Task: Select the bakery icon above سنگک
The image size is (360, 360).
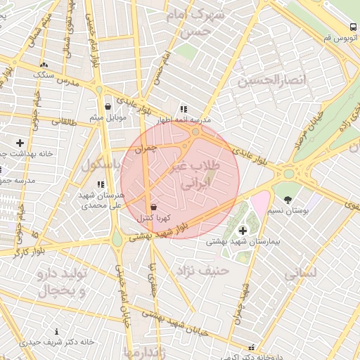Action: click(44, 64)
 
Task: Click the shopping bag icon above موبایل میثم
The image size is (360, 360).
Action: click(108, 107)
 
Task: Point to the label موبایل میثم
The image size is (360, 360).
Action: click(108, 117)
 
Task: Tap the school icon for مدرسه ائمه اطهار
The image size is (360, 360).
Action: click(184, 109)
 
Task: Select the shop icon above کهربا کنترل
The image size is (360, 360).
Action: click(154, 207)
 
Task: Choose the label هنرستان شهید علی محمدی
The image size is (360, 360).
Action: click(103, 200)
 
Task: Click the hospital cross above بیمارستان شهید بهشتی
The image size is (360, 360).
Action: click(243, 230)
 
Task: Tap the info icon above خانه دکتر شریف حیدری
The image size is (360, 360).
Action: click(57, 331)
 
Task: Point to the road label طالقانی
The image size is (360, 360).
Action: click(62, 121)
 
